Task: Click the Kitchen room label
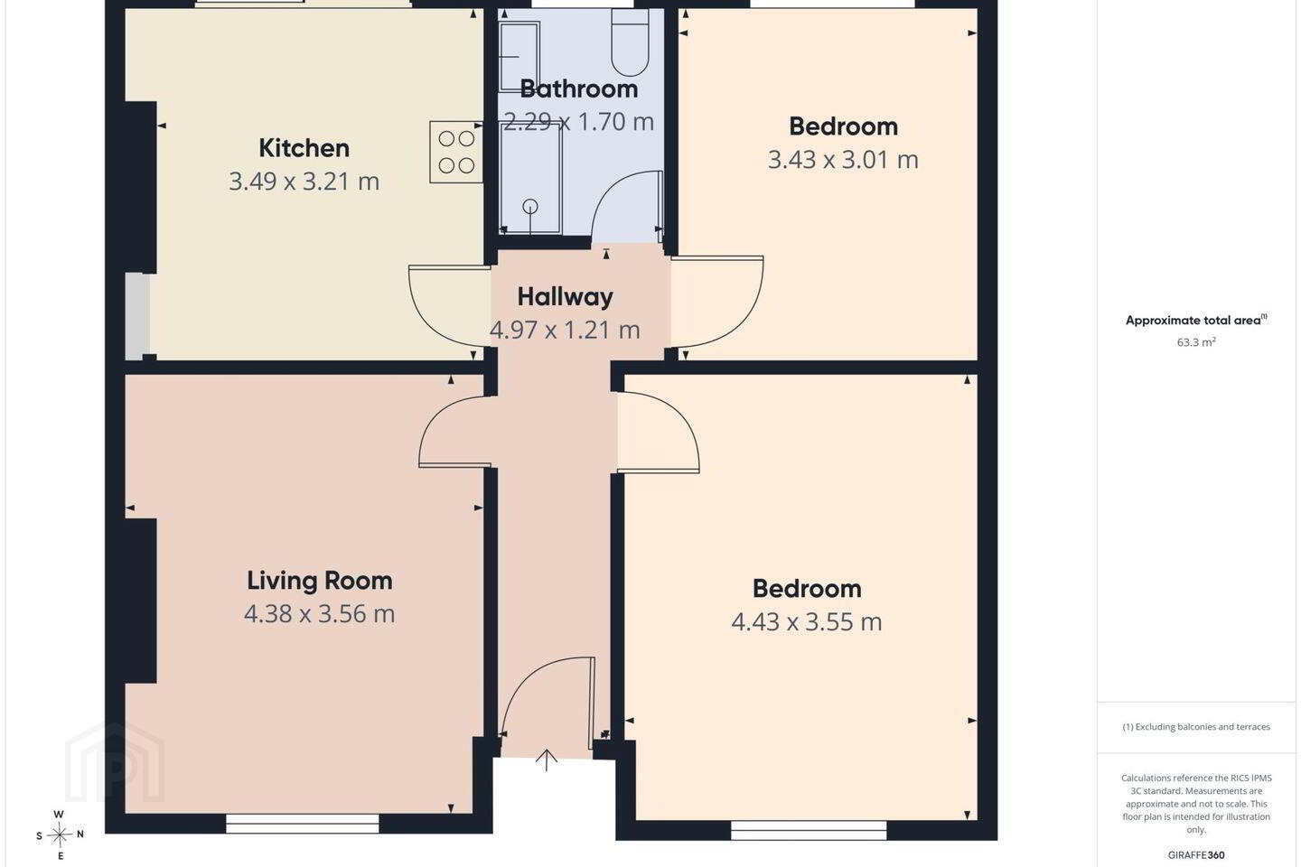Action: [x=304, y=148]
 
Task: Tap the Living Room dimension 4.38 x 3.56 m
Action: [x=320, y=614]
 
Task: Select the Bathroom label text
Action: [x=579, y=89]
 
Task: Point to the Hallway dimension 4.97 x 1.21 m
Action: [x=565, y=330]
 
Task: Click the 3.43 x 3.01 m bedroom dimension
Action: [x=843, y=160]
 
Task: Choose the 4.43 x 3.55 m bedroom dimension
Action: [x=807, y=622]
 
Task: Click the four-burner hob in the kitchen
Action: [x=456, y=152]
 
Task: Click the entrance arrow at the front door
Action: [x=546, y=760]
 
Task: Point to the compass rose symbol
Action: [x=60, y=835]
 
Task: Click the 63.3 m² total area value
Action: [x=1196, y=342]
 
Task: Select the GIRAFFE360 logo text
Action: [x=1196, y=854]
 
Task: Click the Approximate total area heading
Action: [x=1196, y=320]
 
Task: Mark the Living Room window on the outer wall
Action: [x=302, y=824]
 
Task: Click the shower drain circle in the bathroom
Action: [x=529, y=206]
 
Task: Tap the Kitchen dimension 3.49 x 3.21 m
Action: [x=304, y=182]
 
